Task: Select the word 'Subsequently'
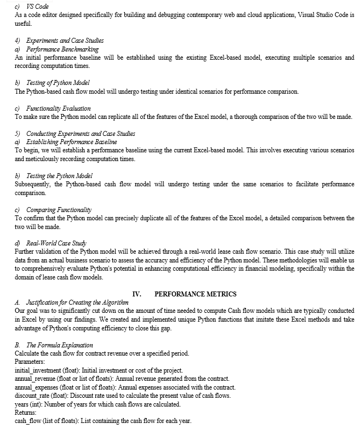click(33, 184)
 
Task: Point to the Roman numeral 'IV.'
click(137, 294)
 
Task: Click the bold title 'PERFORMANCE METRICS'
click(196, 294)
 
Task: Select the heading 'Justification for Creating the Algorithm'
click(77, 302)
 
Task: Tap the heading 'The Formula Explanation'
click(60, 345)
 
